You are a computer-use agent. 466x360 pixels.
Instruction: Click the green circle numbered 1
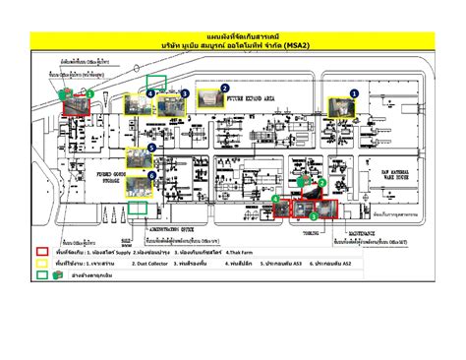click(90, 92)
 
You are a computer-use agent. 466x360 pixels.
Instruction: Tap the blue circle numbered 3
click(185, 92)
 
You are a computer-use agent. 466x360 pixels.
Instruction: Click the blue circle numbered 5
click(152, 148)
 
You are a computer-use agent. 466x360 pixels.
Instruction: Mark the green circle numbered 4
click(150, 94)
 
